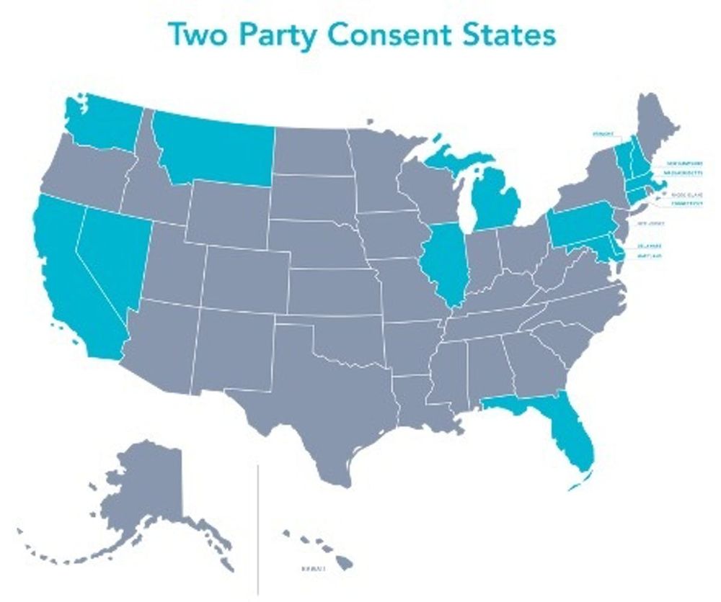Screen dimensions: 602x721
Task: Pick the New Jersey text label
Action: pos(650,224)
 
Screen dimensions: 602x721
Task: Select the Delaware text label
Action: pos(650,245)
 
